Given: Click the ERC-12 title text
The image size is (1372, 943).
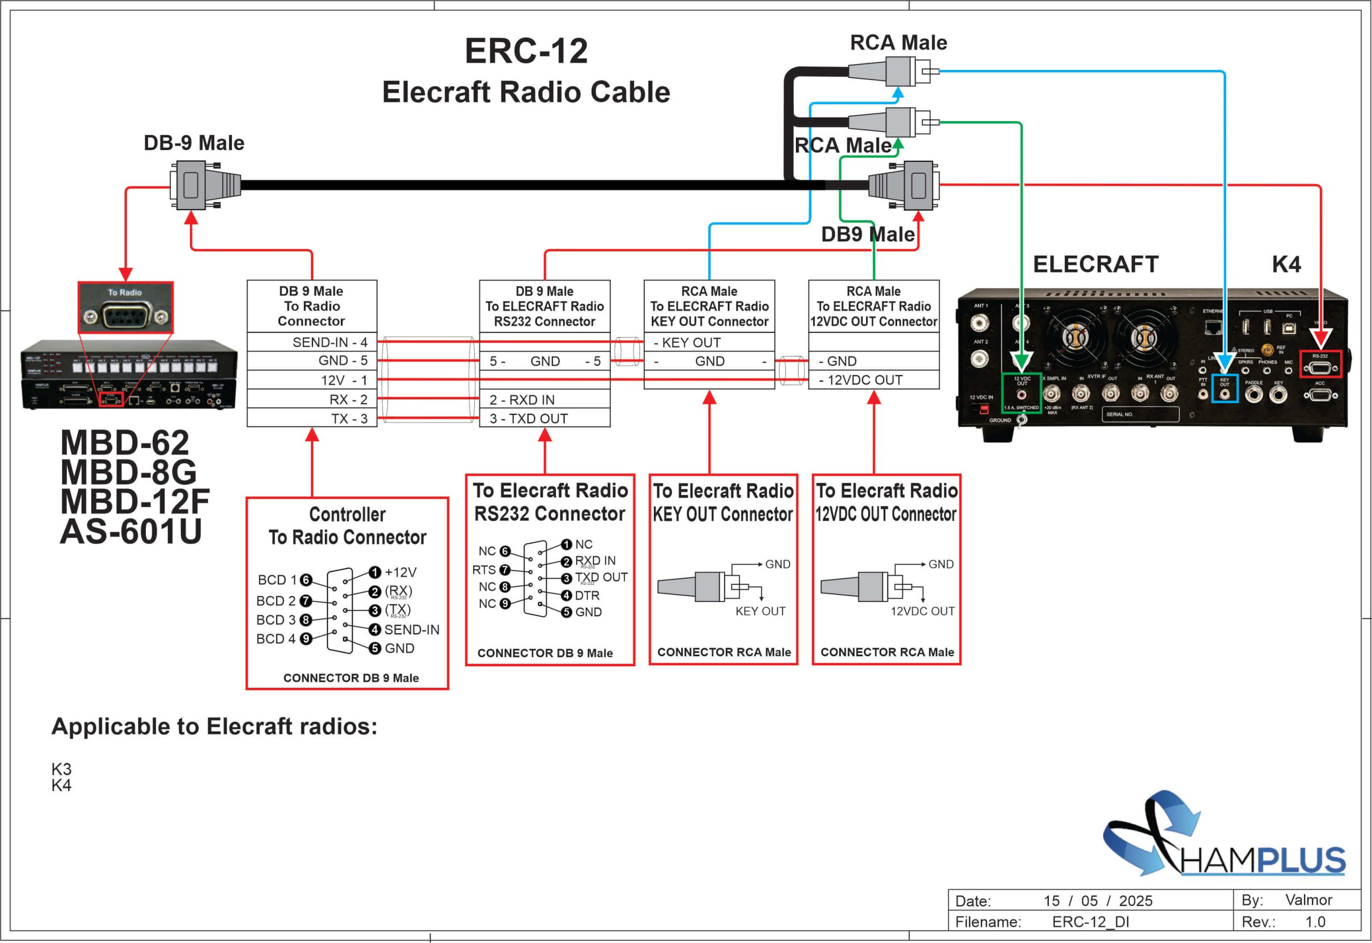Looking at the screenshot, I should (x=526, y=51).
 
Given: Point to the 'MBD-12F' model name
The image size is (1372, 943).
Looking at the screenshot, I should (x=135, y=501).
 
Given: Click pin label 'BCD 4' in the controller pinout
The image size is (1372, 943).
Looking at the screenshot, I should (x=275, y=638).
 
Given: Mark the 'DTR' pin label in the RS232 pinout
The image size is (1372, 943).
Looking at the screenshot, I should (x=586, y=596).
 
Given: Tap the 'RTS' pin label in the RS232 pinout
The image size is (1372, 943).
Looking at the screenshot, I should (x=484, y=569).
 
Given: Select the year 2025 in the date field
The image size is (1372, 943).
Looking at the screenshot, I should (x=1135, y=901).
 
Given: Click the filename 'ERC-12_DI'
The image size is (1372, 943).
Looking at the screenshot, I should (x=1090, y=922).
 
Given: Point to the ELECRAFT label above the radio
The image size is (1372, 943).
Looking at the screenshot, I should (x=1095, y=264).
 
